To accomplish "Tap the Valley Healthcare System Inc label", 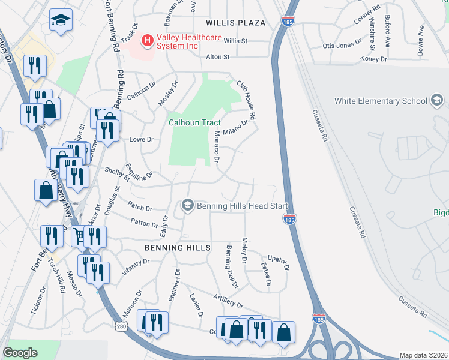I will click(185, 41).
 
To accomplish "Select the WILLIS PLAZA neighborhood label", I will click(235, 23).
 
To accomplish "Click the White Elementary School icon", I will click(437, 100).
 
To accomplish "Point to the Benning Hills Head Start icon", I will click(187, 206).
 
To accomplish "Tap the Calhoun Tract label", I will click(194, 122).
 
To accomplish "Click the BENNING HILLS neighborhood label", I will click(177, 247).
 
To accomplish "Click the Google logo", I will click(20, 353).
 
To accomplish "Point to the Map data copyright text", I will click(424, 355).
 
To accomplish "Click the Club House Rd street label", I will click(246, 100).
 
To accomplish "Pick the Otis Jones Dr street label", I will click(343, 45).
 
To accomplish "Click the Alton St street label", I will click(218, 57).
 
